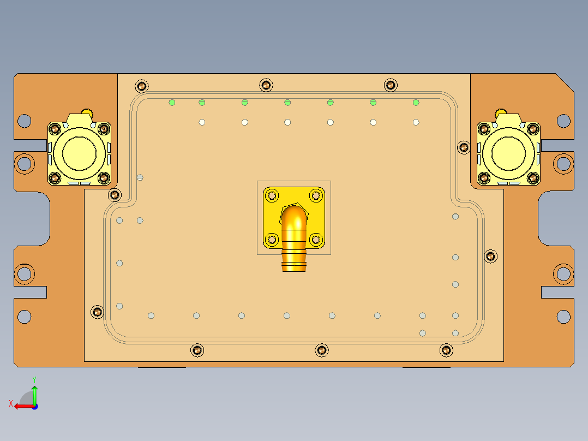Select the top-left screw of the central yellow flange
click(272, 195)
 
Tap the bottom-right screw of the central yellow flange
click(316, 239)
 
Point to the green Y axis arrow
click(34, 391)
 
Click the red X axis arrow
click(21, 406)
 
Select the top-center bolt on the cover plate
click(266, 85)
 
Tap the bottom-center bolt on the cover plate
click(322, 350)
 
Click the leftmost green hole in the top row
click(172, 102)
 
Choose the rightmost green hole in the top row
click(416, 102)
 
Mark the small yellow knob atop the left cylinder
click(86, 112)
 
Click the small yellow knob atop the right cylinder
click(501, 112)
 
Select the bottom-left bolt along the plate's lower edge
click(197, 350)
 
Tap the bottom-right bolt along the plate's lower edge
click(446, 350)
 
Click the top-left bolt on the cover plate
click(142, 86)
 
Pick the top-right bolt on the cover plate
click(391, 85)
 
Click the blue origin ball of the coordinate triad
click(34, 406)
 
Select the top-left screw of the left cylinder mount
click(55, 129)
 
